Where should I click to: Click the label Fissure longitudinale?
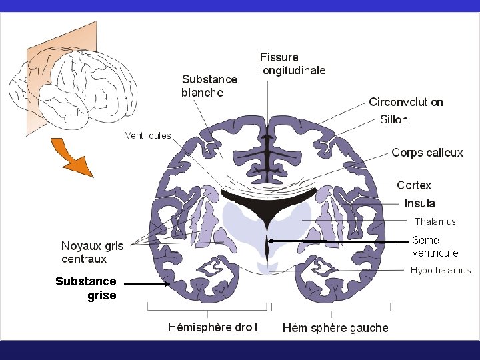pos(293,63)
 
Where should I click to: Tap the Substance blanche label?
pos(209,86)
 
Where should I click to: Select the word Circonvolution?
pos(406,102)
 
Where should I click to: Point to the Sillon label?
pos(393,120)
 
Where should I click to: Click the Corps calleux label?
pos(427,153)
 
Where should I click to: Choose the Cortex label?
pos(414,185)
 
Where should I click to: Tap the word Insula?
pos(419,203)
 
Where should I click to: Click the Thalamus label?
pos(435,221)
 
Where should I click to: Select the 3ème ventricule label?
pos(435,247)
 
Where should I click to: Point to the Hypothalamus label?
pos(440,270)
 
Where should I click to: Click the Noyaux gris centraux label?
pos(93,253)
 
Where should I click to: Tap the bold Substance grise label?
pos(86,288)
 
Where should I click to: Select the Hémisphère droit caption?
pos(213,327)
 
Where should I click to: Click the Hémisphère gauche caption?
pos(335,328)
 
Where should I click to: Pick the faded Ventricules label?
pos(148,136)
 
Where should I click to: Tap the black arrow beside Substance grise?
pos(147,284)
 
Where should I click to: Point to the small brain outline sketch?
pos(73,87)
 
